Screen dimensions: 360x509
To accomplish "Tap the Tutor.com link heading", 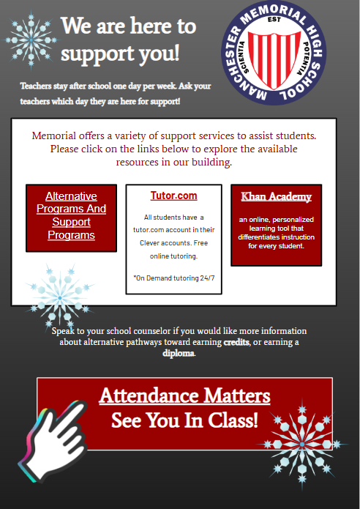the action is coord(173,196).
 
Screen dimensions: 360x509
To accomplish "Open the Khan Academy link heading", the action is coord(276,196).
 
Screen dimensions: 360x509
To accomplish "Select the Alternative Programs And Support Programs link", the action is coord(71,215).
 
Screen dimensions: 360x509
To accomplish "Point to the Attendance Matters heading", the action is coord(184,396).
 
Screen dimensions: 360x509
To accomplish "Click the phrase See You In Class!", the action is coord(184,420).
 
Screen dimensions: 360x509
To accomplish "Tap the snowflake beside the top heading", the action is coord(31,34).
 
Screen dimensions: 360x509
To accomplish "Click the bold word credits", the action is coord(236,342).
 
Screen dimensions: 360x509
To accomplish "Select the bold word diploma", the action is coord(179,353).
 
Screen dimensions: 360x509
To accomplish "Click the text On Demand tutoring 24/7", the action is coord(173,278).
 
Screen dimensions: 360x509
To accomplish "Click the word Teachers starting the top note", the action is coord(37,86).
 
